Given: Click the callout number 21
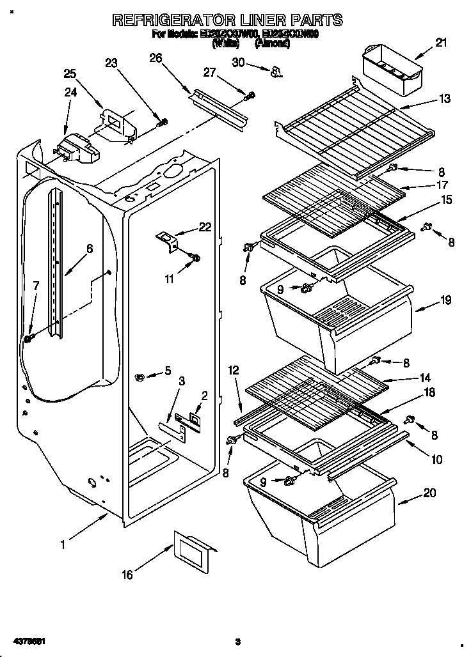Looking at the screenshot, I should (441, 43).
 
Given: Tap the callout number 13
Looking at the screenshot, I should (444, 99).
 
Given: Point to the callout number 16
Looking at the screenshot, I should (127, 575).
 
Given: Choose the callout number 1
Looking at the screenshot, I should (63, 545).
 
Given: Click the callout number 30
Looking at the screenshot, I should (238, 63).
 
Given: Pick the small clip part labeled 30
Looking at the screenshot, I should (276, 71).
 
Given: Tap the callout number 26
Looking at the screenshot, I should (156, 58).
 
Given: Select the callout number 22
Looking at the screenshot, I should (204, 226).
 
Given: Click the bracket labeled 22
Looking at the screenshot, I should (168, 241).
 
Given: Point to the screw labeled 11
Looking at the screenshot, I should (195, 258).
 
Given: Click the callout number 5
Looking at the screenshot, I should (168, 369).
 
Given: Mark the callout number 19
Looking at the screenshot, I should (445, 299).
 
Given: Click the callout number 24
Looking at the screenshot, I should (70, 92).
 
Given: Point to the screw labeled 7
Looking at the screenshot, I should (29, 337).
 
